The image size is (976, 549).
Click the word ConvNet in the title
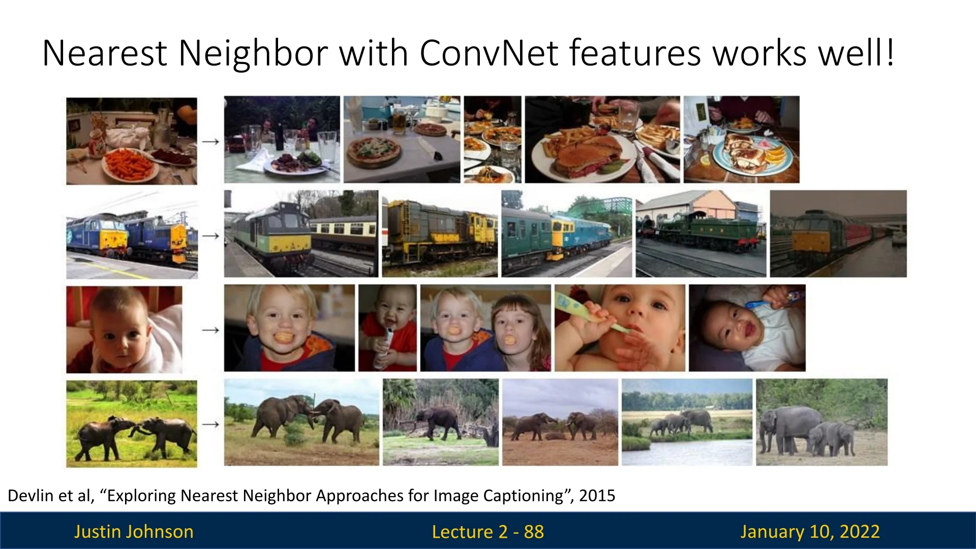489,53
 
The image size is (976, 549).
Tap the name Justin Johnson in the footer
134,532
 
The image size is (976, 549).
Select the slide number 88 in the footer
534,532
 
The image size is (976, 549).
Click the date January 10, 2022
810,532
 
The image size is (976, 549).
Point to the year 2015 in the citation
597,496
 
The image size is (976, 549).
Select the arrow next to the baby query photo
210,330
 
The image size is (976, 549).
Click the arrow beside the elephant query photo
210,424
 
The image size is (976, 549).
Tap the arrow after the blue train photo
210,236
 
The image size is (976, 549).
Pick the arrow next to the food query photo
210,141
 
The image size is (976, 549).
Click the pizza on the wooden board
373,151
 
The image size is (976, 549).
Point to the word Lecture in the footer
463,532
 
